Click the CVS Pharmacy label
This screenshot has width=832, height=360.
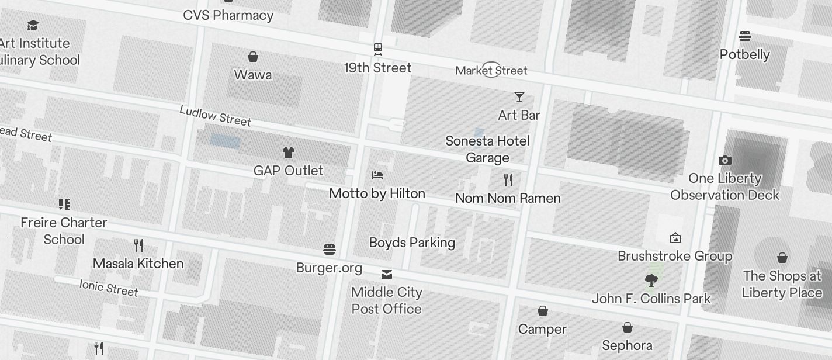[228, 15]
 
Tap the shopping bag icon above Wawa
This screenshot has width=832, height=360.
[253, 57]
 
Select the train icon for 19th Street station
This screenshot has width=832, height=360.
[378, 49]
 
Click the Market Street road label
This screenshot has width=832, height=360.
[491, 71]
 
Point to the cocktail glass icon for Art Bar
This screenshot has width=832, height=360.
[519, 97]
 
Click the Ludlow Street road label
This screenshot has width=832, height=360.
[215, 116]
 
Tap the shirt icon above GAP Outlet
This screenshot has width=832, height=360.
[289, 153]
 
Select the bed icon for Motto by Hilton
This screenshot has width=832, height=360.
[377, 175]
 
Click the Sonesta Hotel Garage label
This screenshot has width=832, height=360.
[487, 149]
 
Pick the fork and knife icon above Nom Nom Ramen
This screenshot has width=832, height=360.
[508, 179]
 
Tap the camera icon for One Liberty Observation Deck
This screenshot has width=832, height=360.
[724, 160]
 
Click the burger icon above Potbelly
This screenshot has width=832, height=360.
[744, 36]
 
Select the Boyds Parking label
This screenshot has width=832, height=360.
[412, 243]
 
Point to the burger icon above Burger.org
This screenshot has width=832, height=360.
[330, 250]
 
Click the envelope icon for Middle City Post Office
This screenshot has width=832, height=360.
[387, 274]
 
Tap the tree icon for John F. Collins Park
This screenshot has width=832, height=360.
[651, 281]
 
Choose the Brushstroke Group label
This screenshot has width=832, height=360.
[675, 256]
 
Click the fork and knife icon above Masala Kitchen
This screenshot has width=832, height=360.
[138, 245]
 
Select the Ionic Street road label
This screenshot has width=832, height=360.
[109, 288]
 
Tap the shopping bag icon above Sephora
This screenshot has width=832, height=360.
[628, 327]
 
